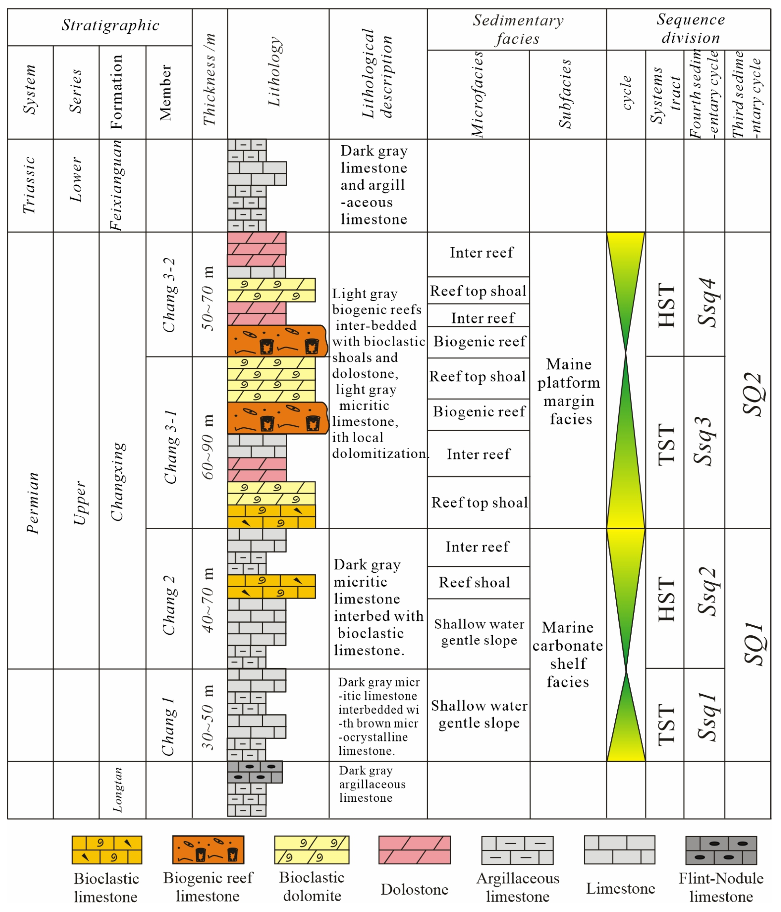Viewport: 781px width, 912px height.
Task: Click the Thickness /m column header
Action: pos(210,79)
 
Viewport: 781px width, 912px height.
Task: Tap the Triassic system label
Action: pos(29,185)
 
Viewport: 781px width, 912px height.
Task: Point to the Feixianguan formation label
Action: pos(116,185)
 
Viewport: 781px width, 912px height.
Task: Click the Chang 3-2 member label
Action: pos(170,295)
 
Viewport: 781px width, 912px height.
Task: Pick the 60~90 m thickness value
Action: pos(208,446)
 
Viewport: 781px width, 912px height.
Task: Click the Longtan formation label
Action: pos(117,790)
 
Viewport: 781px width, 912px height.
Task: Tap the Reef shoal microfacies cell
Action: pos(475,582)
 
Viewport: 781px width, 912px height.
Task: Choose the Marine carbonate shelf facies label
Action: pos(567,654)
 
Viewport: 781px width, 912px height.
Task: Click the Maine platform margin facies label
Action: pos(569,391)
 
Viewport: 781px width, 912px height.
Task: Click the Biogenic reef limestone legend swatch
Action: pos(208,850)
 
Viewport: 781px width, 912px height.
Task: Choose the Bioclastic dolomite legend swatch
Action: pos(312,850)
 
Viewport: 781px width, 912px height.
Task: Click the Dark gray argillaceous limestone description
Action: pos(372,784)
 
